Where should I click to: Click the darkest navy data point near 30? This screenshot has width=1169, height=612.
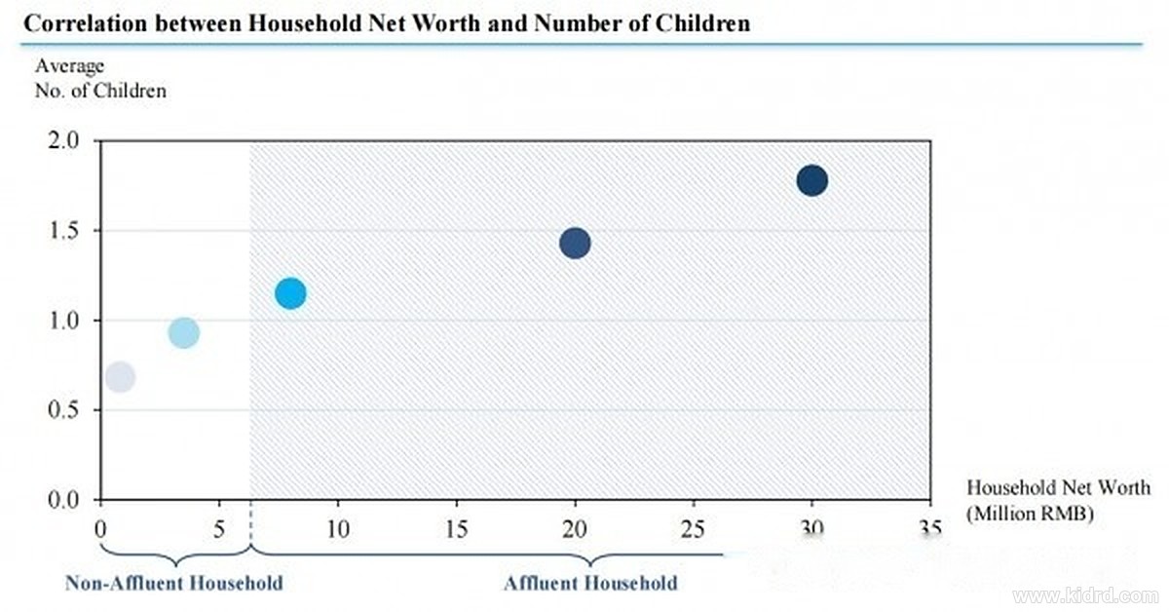pyautogui.click(x=812, y=180)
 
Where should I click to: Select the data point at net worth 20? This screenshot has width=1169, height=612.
pyautogui.click(x=575, y=243)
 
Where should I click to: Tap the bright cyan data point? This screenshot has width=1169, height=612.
pyautogui.click(x=290, y=293)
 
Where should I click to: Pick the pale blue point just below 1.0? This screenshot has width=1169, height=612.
pyautogui.click(x=184, y=332)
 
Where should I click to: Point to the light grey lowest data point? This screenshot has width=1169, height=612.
pyautogui.click(x=121, y=376)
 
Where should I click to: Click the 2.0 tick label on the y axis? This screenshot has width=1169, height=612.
pyautogui.click(x=63, y=140)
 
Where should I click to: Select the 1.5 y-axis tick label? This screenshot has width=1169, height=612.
pyautogui.click(x=63, y=230)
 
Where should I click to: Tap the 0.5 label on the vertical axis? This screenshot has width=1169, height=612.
pyautogui.click(x=63, y=410)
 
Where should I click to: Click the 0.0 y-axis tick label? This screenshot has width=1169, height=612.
pyautogui.click(x=63, y=500)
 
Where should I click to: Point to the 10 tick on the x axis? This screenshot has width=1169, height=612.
pyautogui.click(x=338, y=529)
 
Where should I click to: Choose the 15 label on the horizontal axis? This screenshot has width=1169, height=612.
pyautogui.click(x=457, y=529)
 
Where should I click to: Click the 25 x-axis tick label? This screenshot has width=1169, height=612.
pyautogui.click(x=693, y=529)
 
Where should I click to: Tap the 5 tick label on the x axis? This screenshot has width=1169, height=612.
pyautogui.click(x=219, y=529)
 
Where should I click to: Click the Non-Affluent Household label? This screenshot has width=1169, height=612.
pyautogui.click(x=174, y=583)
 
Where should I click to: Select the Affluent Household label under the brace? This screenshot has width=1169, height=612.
pyautogui.click(x=590, y=583)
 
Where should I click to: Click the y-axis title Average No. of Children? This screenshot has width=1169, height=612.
pyautogui.click(x=100, y=78)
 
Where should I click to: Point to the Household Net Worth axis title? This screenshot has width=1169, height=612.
pyautogui.click(x=1058, y=501)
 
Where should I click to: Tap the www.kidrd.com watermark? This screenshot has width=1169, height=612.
pyautogui.click(x=1085, y=595)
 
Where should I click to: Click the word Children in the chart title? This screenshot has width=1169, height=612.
pyautogui.click(x=703, y=23)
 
